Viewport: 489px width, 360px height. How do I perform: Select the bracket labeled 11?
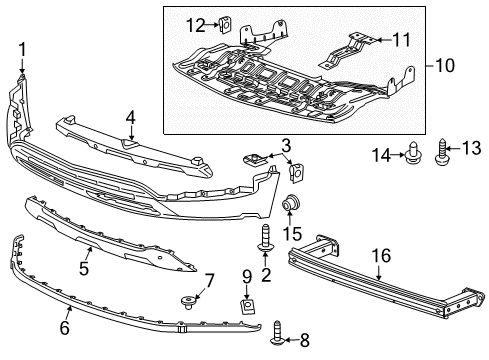356,44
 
